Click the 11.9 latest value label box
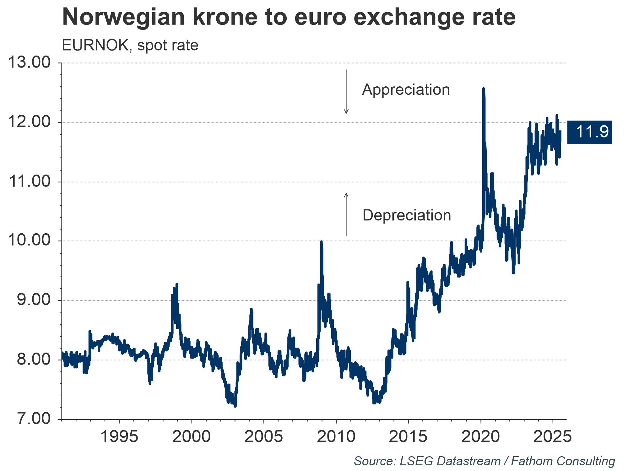[589, 132]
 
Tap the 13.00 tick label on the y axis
[29, 63]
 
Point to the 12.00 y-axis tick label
[29, 122]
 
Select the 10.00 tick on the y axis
[29, 241]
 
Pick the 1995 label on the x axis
[119, 436]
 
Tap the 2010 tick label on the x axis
[336, 436]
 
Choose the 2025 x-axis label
[552, 436]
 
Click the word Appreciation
[406, 90]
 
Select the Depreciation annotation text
[407, 215]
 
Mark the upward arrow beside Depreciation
[346, 214]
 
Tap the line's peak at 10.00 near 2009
[321, 242]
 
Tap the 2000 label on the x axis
[191, 436]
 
